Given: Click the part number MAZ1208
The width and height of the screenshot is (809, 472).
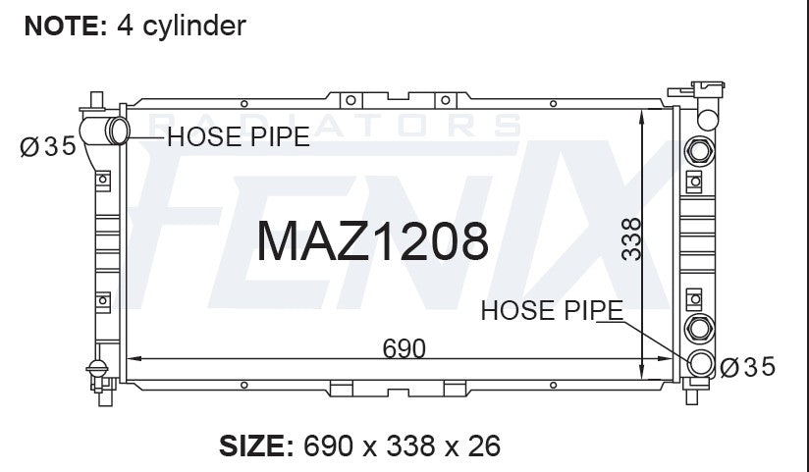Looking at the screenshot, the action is click(x=372, y=241).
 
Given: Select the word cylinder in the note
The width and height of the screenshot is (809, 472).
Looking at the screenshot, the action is click(x=194, y=26).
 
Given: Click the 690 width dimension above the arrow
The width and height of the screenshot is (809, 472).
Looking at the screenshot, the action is click(x=404, y=348).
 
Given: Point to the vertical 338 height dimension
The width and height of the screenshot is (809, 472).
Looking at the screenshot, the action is click(x=631, y=238).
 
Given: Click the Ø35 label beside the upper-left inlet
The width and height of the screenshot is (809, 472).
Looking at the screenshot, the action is click(x=48, y=146).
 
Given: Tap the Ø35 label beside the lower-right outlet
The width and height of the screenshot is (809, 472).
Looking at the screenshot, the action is click(x=747, y=367).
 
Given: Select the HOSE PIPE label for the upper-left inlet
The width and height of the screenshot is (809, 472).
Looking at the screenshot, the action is click(x=239, y=136).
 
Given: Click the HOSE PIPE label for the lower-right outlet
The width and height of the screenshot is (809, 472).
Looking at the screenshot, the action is click(x=552, y=310).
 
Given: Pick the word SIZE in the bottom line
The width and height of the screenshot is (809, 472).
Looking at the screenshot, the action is click(x=252, y=446).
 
